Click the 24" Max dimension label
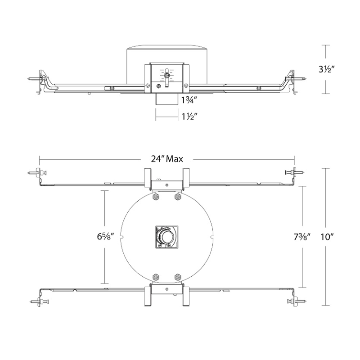pyautogui.click(x=167, y=159)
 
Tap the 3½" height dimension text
pyautogui.click(x=327, y=69)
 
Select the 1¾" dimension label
pyautogui.click(x=189, y=100)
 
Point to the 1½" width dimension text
pyautogui.click(x=189, y=117)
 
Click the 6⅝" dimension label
pyautogui.click(x=106, y=236)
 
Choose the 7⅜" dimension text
pyautogui.click(x=302, y=237)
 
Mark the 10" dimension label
pyautogui.click(x=327, y=237)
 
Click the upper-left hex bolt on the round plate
pyautogui.click(x=156, y=197)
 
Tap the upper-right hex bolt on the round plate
pyautogui.click(x=177, y=197)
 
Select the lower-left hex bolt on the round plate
pyautogui.click(x=156, y=277)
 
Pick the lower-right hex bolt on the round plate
pyautogui.click(x=177, y=277)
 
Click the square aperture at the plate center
pyautogui.click(x=167, y=237)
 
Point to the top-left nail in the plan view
pyautogui.click(x=37, y=172)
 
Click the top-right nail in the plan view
pyautogui.click(x=295, y=172)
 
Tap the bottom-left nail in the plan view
pyautogui.click(x=39, y=301)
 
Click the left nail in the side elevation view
pyautogui.click(x=35, y=78)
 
